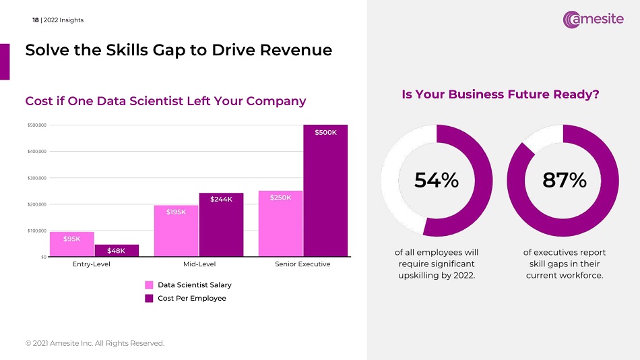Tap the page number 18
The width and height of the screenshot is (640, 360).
pyautogui.click(x=36, y=20)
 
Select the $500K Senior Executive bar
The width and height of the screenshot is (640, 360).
pyautogui.click(x=325, y=191)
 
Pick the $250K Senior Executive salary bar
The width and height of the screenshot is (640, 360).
pyautogui.click(x=281, y=224)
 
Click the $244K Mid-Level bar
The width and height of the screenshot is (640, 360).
pyautogui.click(x=221, y=225)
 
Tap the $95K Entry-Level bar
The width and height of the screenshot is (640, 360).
pyautogui.click(x=72, y=244)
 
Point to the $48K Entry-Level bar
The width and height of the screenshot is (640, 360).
pyautogui.click(x=117, y=251)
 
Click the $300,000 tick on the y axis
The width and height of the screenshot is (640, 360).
pyautogui.click(x=36, y=178)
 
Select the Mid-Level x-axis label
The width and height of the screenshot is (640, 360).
pyautogui.click(x=199, y=264)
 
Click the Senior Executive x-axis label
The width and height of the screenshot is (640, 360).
pyautogui.click(x=302, y=264)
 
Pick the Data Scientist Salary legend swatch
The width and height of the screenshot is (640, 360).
pyautogui.click(x=149, y=285)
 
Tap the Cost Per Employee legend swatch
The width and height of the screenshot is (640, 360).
pyautogui.click(x=149, y=298)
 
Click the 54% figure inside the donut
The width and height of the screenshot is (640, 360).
pyautogui.click(x=436, y=180)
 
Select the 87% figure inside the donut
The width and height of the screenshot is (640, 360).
pyautogui.click(x=564, y=180)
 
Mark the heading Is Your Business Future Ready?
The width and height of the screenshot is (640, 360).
pyautogui.click(x=501, y=95)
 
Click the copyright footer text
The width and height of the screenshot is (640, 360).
pyautogui.click(x=94, y=344)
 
